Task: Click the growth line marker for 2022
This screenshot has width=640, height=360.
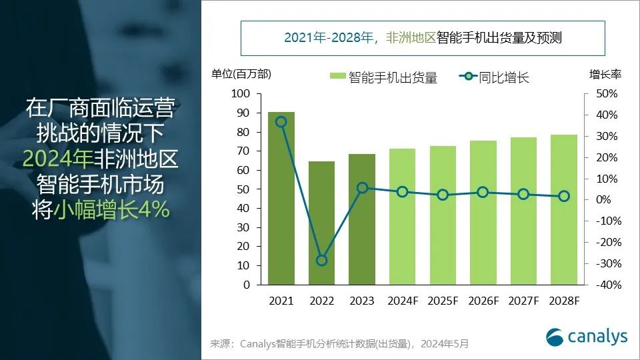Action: click(x=321, y=260)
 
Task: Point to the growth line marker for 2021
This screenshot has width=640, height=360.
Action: click(x=281, y=121)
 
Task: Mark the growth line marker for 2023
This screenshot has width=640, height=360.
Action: click(x=362, y=187)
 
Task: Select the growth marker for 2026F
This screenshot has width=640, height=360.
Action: click(x=483, y=192)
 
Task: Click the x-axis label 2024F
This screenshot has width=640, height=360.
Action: click(x=402, y=301)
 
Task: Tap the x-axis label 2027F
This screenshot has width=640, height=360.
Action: click(x=523, y=301)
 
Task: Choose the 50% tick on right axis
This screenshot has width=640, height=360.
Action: click(x=607, y=94)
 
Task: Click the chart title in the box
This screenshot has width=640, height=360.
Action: click(x=423, y=38)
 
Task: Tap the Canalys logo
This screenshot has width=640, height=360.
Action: click(x=587, y=336)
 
